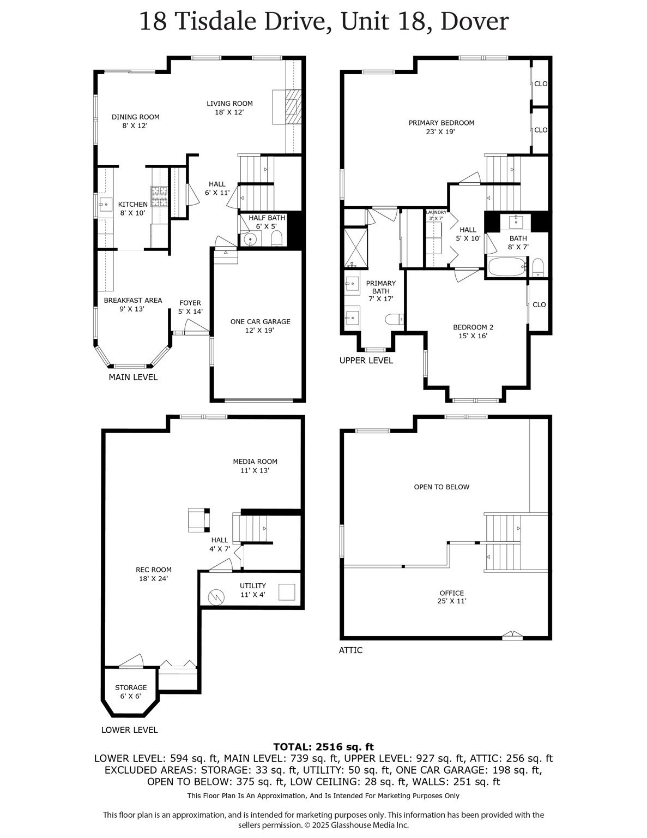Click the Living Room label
coord(229,104)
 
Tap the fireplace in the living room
coord(293,106)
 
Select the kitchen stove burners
coord(159,196)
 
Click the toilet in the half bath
coord(276,238)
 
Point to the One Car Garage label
coord(260,322)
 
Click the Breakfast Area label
coord(132,300)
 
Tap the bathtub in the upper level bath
coord(506,267)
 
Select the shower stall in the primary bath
coord(355,248)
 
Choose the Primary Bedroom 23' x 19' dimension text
coord(441,131)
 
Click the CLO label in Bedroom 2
coord(539,304)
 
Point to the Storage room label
coord(131,687)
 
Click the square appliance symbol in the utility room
coord(287,592)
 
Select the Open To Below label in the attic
coord(441,487)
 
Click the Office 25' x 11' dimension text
coord(452,601)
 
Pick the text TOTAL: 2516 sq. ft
coord(323,747)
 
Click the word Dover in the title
coord(474,22)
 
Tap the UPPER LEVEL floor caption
coord(366,361)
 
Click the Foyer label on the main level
coord(190,303)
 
